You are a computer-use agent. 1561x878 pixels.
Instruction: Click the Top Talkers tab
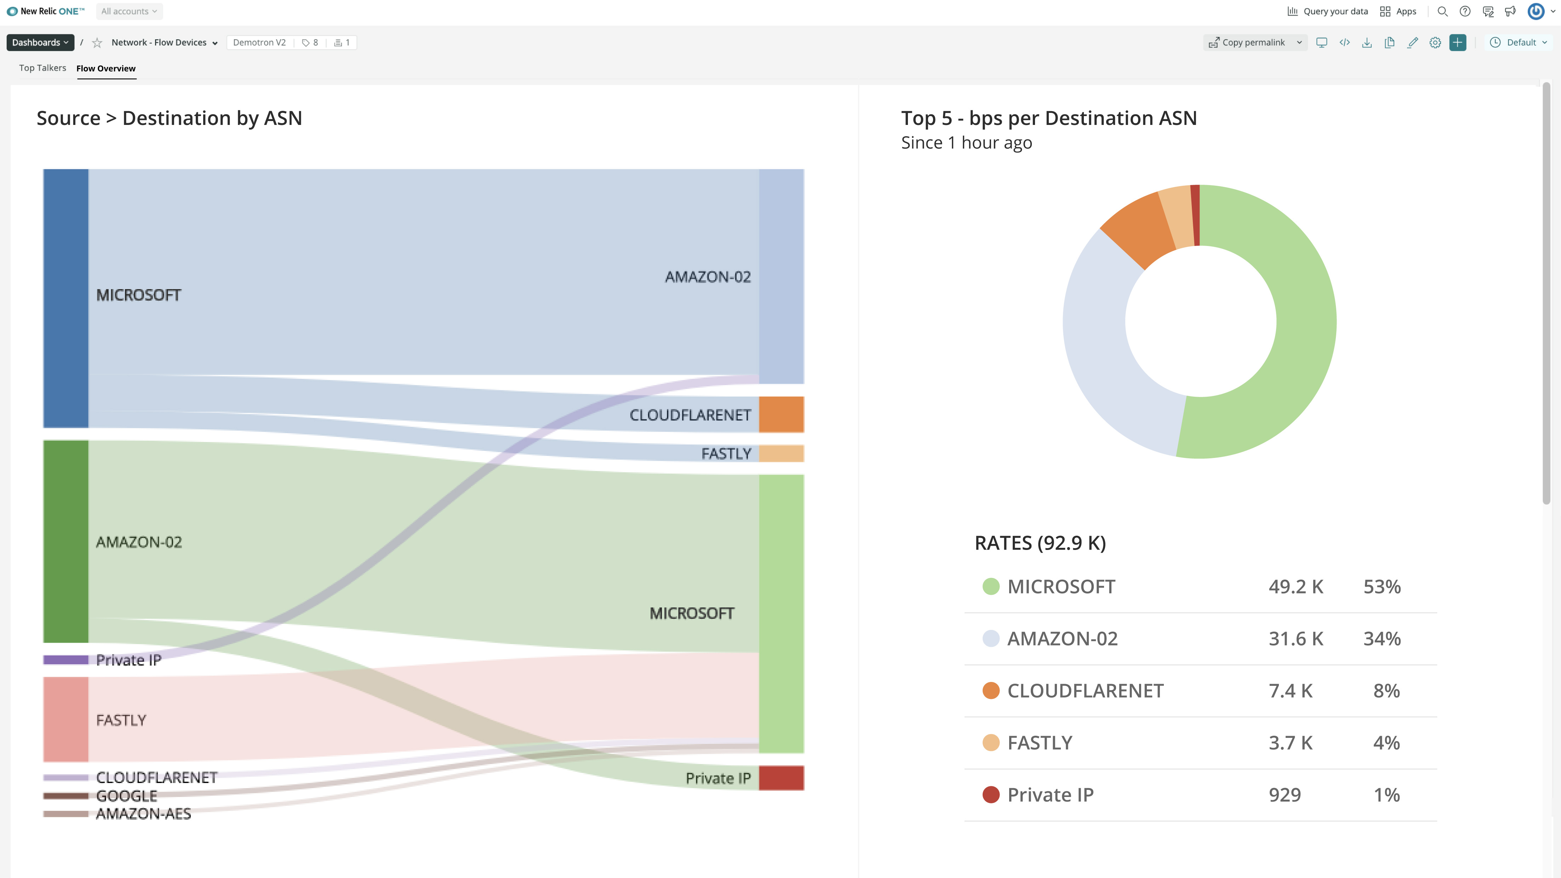click(42, 68)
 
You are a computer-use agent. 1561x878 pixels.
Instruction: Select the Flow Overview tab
click(106, 68)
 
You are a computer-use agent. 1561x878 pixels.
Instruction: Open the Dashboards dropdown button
click(40, 42)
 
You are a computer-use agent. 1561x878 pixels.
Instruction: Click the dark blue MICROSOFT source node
click(65, 298)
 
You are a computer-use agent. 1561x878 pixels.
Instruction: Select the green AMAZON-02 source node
click(65, 541)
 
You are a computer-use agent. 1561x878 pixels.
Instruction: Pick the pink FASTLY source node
click(65, 719)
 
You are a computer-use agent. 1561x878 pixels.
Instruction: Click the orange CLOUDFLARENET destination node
click(781, 414)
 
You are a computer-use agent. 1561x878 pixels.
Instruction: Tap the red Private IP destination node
click(781, 778)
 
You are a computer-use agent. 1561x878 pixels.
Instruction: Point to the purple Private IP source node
click(65, 660)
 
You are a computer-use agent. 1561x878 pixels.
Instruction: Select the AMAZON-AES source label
click(144, 814)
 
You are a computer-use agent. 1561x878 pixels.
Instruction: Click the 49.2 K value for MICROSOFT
click(1296, 586)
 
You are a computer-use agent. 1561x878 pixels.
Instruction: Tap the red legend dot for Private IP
click(991, 794)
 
